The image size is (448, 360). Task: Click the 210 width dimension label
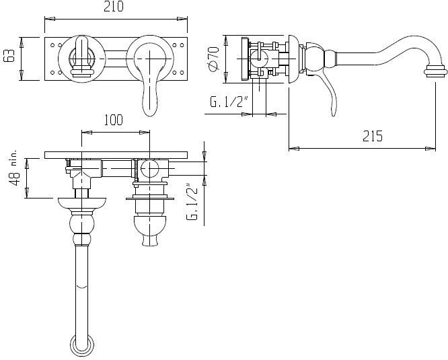point(114,7)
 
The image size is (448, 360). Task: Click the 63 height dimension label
point(9,55)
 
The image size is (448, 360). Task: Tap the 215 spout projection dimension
point(372,136)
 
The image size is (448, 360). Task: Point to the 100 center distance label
point(113,120)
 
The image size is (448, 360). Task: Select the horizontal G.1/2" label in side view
point(229,102)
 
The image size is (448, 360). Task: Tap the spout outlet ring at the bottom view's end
point(81,346)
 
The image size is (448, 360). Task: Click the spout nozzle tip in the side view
point(435,71)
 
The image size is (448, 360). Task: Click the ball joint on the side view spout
point(315,59)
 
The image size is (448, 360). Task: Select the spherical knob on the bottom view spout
point(81,224)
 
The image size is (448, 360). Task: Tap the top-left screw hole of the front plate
point(52,45)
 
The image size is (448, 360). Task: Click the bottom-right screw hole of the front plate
point(182,73)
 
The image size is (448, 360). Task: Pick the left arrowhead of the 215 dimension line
point(294,149)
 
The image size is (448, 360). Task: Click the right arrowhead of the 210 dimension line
point(182,19)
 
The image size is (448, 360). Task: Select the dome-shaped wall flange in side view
point(293,59)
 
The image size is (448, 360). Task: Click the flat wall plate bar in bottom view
point(116,155)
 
